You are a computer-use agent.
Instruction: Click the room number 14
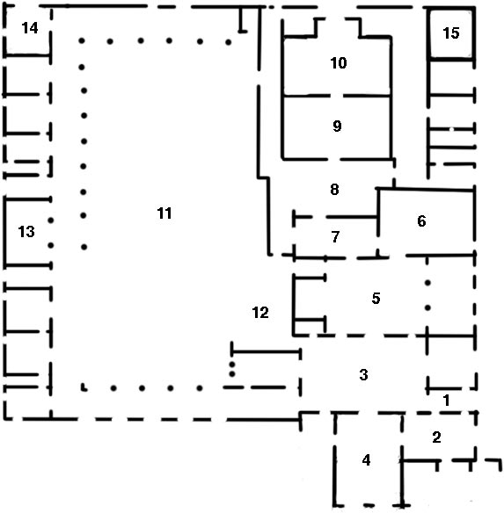tap(30, 28)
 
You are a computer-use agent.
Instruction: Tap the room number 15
tap(451, 33)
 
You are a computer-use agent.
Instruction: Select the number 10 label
tap(339, 63)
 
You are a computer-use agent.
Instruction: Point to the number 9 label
tap(337, 126)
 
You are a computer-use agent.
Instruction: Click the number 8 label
tap(334, 190)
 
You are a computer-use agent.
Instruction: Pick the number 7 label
tap(335, 236)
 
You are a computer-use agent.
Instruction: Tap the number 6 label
tap(421, 221)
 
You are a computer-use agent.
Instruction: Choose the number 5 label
tap(376, 298)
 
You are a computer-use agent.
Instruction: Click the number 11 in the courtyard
tap(164, 213)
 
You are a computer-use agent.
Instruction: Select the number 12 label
tap(260, 313)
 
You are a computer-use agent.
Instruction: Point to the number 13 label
tap(26, 232)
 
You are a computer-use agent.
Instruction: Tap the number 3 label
tap(364, 374)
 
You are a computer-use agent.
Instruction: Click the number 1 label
tap(446, 401)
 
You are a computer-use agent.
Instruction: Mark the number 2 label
tap(436, 437)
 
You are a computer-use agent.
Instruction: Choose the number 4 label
tap(367, 460)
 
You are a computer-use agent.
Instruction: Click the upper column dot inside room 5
tap(427, 283)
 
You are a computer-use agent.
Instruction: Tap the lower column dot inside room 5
tap(427, 307)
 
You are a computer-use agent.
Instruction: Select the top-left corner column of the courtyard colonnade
tap(82, 41)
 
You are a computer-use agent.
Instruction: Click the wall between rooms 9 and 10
tap(337, 96)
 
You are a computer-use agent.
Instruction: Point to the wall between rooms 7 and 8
tap(336, 217)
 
